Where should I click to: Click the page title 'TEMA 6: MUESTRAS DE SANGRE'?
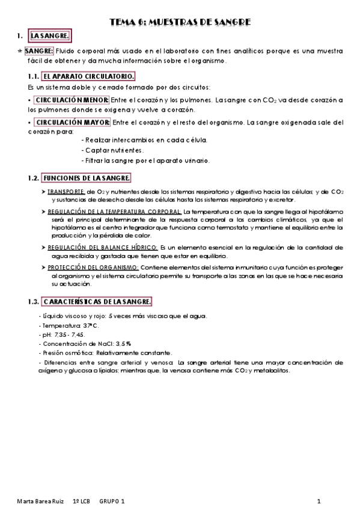click(x=180, y=23)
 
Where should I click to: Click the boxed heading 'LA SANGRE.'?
click(x=50, y=37)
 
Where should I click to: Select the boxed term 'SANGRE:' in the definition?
click(x=39, y=51)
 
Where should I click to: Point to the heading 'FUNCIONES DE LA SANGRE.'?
click(x=87, y=179)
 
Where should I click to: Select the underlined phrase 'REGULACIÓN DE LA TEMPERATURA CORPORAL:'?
click(x=115, y=212)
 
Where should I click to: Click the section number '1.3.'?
click(x=34, y=301)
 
